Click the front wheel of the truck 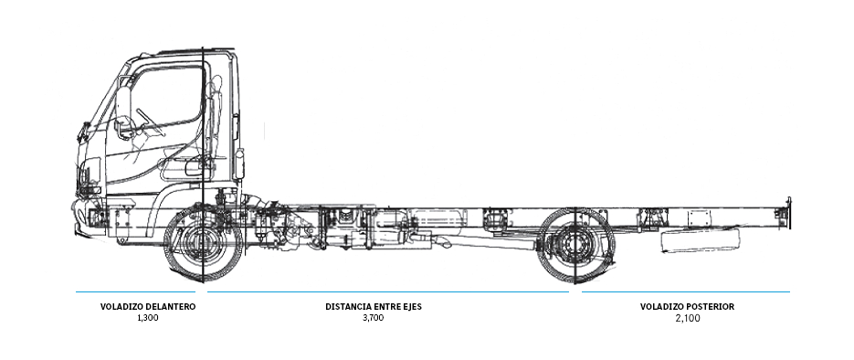[x=203, y=244]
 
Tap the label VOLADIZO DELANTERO [x=148, y=307]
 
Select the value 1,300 [x=148, y=318]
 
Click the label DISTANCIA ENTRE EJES [x=374, y=307]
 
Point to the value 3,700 [x=374, y=318]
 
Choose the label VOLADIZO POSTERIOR [x=687, y=307]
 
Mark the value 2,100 [x=687, y=318]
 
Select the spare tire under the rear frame [x=699, y=240]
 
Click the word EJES [x=410, y=307]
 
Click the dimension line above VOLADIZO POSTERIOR [x=685, y=292]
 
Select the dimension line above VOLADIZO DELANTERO [x=137, y=292]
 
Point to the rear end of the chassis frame [x=784, y=212]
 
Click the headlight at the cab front [x=90, y=174]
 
